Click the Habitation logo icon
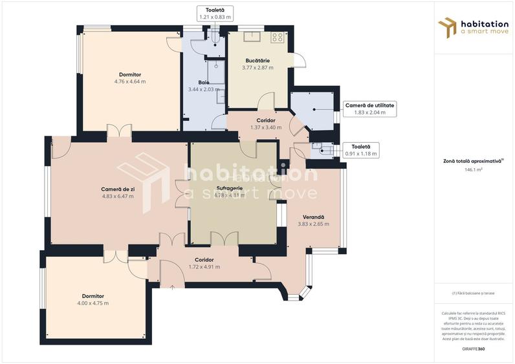coord(447,27)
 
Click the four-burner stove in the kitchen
coord(278,37)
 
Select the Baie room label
coord(203,82)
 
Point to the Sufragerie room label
coord(230,188)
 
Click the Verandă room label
coord(313,217)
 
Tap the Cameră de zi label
coord(118,189)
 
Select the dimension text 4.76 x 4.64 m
coord(129,82)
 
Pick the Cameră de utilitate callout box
coord(369,108)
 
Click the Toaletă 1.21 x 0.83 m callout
coord(215,14)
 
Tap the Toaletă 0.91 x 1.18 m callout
coord(360,150)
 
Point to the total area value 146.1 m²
coord(474,170)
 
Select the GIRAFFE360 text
coord(473,349)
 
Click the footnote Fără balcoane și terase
coord(473,293)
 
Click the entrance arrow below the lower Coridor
coord(172,286)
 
